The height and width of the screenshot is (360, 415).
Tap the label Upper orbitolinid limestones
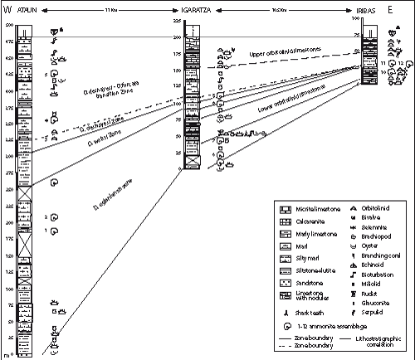pos(281,57)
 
